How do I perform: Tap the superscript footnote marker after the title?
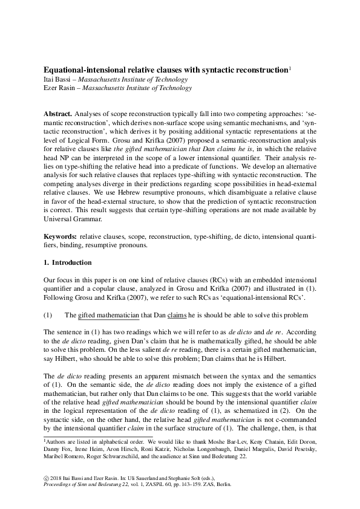pyautogui.click(x=290, y=68)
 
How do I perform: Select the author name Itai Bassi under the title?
pyautogui.click(x=61, y=79)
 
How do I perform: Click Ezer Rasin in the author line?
pyautogui.click(x=62, y=88)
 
